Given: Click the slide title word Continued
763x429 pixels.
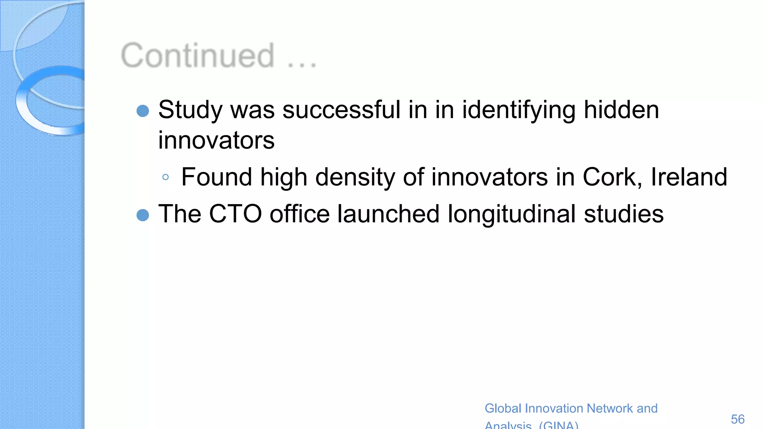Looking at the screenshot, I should (x=198, y=56).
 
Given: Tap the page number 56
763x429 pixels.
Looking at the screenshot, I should (x=737, y=419).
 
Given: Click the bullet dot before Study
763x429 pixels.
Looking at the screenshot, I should (x=143, y=111).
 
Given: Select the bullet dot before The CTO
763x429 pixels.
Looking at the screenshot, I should (x=143, y=215).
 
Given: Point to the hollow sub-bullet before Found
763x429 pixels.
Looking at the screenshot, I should (x=166, y=177).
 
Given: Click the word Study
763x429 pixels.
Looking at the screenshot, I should (x=190, y=111).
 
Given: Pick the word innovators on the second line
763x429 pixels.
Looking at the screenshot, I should (x=216, y=140).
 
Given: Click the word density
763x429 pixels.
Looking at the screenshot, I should (x=355, y=177).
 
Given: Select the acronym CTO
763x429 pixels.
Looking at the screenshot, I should (x=235, y=214).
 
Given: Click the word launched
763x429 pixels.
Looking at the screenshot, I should (x=388, y=214).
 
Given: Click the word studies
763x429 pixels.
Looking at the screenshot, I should (x=623, y=214).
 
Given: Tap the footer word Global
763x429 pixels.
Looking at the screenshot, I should (x=503, y=409).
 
